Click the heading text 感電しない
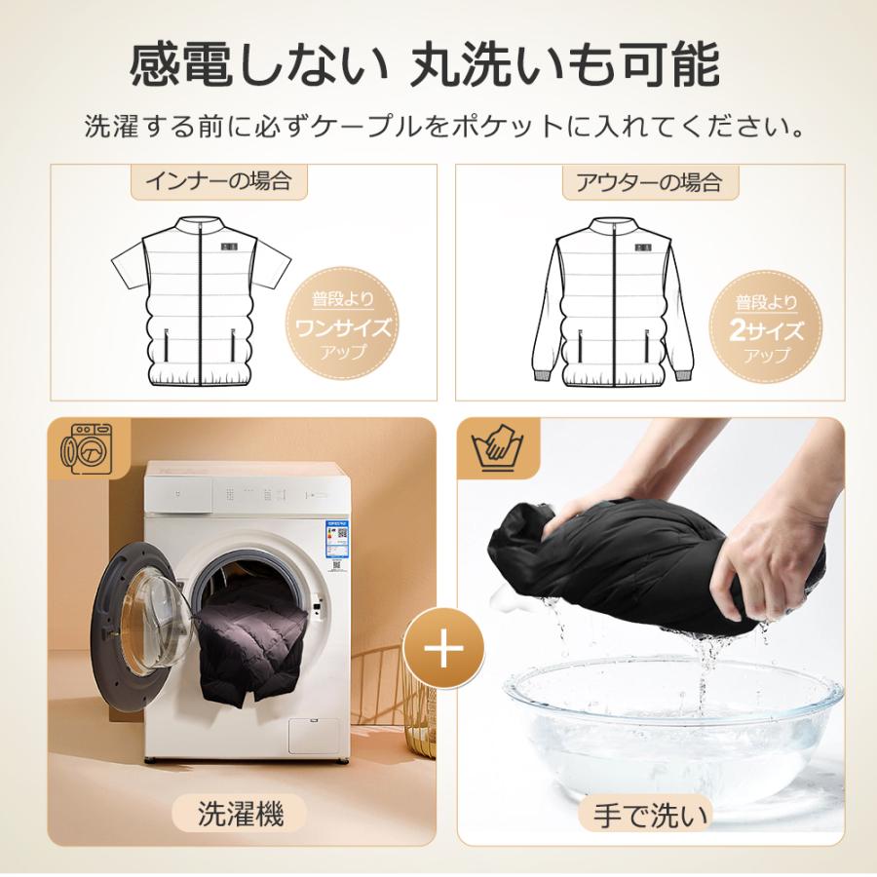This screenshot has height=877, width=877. point(259,65)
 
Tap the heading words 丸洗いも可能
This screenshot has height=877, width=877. point(565,65)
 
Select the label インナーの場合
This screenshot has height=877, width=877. point(218,180)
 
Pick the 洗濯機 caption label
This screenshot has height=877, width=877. point(241,814)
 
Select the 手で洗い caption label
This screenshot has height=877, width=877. point(651,816)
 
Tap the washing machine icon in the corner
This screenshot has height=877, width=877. point(86,448)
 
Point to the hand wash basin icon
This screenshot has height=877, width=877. point(497,448)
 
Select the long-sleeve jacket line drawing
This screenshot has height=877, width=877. point(613,302)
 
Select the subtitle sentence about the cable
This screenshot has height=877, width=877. point(444,127)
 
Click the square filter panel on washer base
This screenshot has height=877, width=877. point(314,736)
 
